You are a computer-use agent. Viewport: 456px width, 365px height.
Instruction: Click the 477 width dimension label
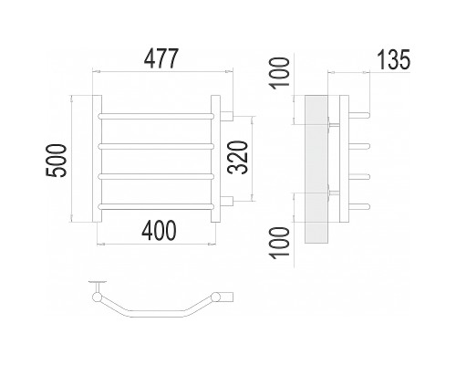[161, 58]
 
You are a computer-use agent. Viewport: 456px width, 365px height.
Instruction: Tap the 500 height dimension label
[56, 161]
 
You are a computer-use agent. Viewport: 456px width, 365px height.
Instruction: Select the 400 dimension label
[159, 230]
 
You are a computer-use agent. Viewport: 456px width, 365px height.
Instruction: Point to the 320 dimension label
[238, 157]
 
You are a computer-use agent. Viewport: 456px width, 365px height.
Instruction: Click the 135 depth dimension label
[394, 59]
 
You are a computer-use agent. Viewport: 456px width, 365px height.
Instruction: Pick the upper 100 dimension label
[280, 73]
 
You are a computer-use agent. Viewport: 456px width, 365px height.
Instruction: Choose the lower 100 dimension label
[280, 243]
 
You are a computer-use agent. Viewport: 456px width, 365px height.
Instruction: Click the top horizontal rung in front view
[156, 116]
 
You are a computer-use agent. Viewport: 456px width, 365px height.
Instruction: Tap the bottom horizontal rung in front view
[156, 206]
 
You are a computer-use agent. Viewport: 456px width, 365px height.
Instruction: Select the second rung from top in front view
[156, 146]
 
